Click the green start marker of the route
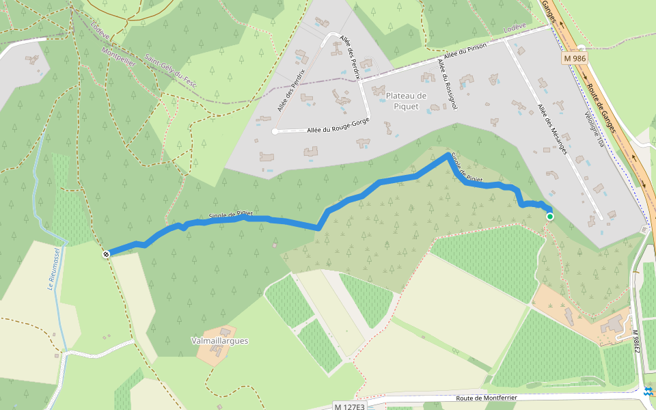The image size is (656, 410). tap(550, 217)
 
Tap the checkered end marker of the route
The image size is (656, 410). tap(107, 254)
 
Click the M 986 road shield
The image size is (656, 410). tap(575, 59)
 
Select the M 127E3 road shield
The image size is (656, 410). tap(350, 406)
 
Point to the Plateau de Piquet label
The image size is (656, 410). tap(405, 100)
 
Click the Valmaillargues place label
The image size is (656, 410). tap(219, 340)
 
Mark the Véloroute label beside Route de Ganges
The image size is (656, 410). tap(594, 130)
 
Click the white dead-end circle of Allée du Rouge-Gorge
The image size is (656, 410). tap(275, 131)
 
